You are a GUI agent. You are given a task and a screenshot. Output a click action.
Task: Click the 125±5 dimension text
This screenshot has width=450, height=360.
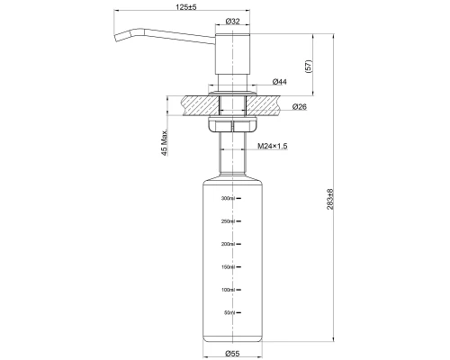click(x=186, y=7)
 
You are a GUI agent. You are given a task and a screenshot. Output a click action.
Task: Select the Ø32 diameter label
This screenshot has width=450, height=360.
click(x=232, y=22)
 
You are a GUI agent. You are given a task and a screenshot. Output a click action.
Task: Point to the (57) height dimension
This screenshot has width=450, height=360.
click(x=309, y=66)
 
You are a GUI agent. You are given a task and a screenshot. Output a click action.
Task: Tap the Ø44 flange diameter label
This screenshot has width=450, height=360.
click(x=279, y=82)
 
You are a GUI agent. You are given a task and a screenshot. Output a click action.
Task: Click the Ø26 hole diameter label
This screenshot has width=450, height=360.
click(x=300, y=106)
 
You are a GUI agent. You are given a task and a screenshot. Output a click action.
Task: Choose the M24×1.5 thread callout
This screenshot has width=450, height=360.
click(x=273, y=146)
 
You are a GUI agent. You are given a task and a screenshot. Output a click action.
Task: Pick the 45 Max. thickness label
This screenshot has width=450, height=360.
click(x=165, y=143)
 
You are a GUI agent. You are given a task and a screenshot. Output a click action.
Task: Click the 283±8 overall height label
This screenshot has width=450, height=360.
click(x=330, y=199)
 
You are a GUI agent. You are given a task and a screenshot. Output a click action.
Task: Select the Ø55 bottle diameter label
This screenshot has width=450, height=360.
click(x=232, y=354)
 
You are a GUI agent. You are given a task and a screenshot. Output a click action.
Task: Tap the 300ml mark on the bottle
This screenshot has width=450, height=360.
click(x=228, y=198)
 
